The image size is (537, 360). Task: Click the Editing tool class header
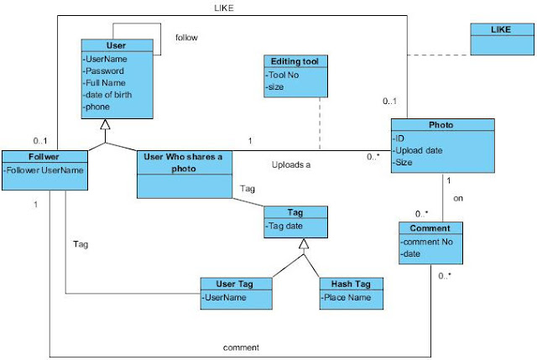(289, 62)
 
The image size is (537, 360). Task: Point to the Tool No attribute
(284, 74)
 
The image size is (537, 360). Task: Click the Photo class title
(441, 125)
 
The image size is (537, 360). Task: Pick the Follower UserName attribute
(44, 171)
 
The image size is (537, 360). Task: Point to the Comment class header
(430, 227)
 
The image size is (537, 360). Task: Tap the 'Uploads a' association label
(291, 164)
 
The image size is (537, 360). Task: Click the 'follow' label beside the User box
(186, 38)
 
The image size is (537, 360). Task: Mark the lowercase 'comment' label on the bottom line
(239, 346)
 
